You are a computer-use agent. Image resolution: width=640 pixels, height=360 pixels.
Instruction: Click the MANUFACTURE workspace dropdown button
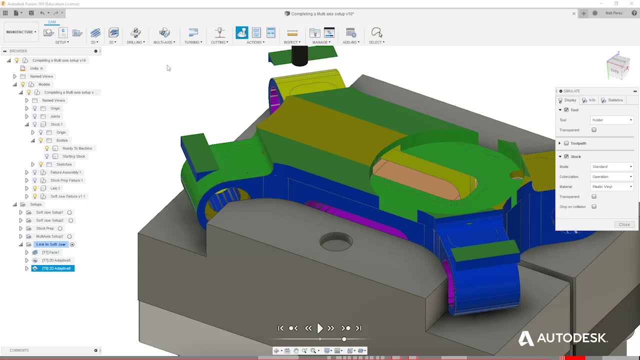(x=21, y=32)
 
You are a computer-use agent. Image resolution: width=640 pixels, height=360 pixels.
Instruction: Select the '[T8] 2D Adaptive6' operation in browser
(x=56, y=268)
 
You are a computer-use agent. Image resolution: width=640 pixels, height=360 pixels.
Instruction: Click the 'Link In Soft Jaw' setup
(x=50, y=244)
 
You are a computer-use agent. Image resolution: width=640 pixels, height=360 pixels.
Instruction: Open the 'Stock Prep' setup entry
(x=44, y=228)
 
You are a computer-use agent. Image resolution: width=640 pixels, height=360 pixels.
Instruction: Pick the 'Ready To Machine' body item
(x=77, y=148)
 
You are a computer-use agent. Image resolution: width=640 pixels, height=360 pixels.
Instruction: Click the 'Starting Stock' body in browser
(x=73, y=156)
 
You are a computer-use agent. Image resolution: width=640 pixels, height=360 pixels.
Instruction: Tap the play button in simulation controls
(x=320, y=328)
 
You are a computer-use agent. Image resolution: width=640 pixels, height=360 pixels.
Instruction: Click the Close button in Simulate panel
(x=624, y=224)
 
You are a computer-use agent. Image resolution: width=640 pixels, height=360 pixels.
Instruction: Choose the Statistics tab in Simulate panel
(x=615, y=100)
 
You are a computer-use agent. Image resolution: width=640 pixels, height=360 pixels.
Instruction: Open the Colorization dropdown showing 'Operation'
(x=612, y=176)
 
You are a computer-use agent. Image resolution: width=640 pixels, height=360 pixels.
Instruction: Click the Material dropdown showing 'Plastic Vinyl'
(x=612, y=186)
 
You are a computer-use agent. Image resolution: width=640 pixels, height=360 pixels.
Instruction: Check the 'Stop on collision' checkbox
(x=594, y=206)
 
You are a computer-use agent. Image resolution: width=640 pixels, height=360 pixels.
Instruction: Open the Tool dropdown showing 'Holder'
(x=612, y=120)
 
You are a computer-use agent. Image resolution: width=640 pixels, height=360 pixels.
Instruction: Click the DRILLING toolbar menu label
(x=135, y=42)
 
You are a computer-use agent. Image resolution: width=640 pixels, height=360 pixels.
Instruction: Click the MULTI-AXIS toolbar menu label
(x=164, y=42)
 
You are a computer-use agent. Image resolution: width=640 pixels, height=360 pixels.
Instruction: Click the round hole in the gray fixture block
(x=336, y=242)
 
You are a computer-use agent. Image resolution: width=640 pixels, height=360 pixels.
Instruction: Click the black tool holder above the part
(x=299, y=56)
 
